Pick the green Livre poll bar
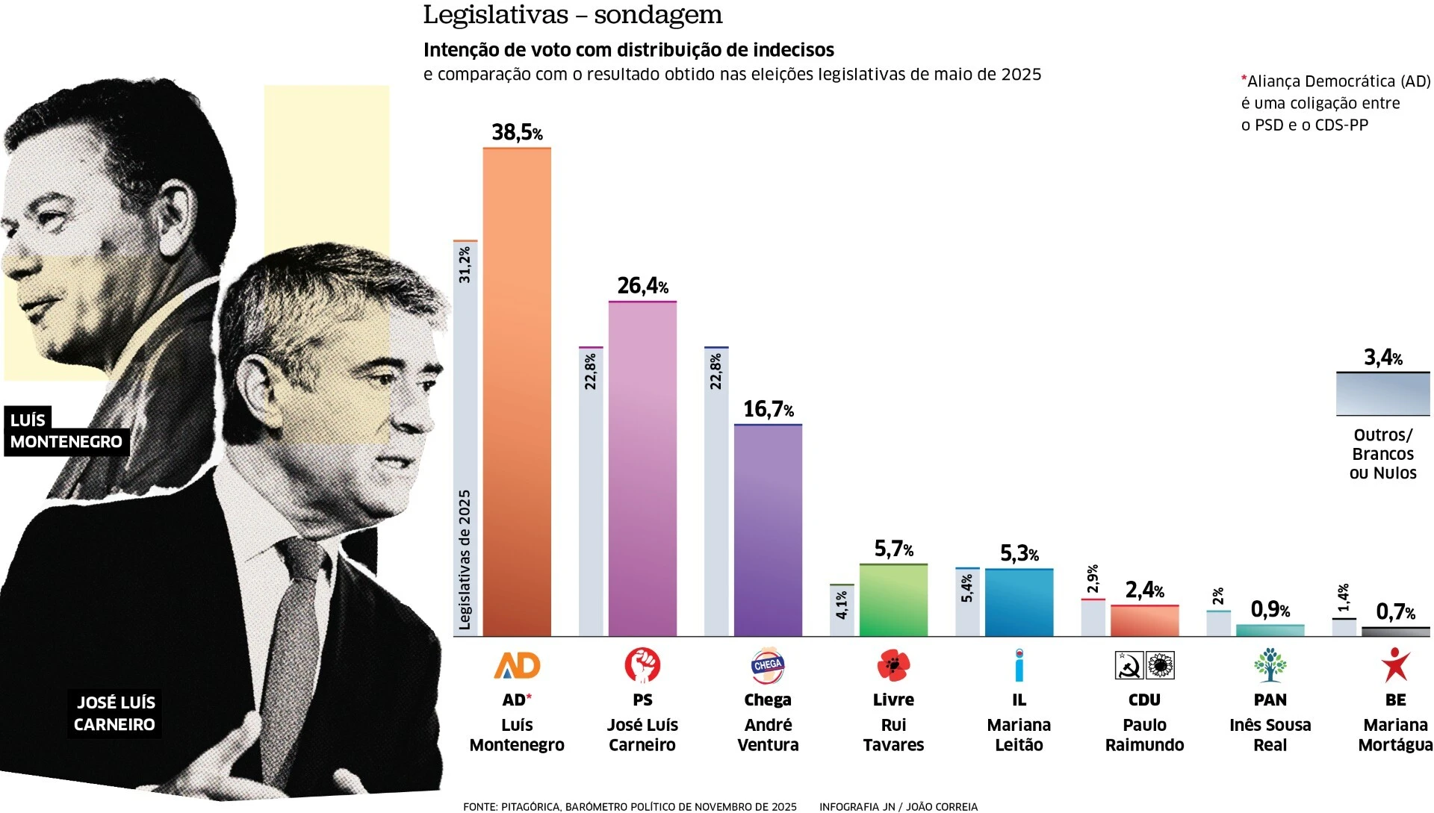tap(893, 600)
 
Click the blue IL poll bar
tap(1019, 602)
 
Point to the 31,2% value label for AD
tap(465, 265)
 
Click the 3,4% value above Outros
tap(1382, 358)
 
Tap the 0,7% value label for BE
tap(1395, 613)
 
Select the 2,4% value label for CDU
tap(1144, 591)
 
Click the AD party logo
tap(517, 664)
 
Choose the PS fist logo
tap(642, 664)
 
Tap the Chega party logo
tap(768, 665)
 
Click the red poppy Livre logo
tap(893, 664)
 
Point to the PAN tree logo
tap(1270, 664)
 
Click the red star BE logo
tap(1395, 664)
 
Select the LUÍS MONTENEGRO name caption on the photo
tap(66, 431)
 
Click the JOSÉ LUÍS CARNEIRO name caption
tap(115, 713)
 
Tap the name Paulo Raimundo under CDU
tap(1144, 735)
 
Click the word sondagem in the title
tap(658, 15)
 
